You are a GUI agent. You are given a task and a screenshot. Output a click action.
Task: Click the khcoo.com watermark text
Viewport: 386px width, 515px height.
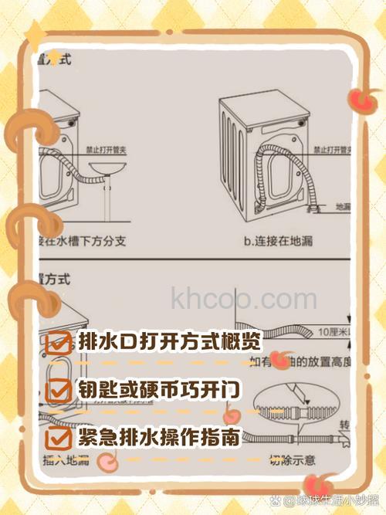[242, 297]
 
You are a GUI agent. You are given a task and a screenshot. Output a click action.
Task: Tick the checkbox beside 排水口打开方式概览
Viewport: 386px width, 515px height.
[58, 343]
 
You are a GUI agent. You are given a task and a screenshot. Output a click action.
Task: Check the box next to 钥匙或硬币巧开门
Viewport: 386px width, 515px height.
[58, 390]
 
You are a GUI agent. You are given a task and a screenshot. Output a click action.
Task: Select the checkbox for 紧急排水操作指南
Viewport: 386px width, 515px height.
[58, 439]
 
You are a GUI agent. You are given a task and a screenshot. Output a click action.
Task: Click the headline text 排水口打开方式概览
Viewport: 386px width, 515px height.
[169, 341]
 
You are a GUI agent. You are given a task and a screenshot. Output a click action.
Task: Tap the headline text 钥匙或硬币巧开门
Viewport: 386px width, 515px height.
[159, 389]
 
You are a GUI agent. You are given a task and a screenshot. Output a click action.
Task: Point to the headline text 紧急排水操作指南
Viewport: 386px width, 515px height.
[159, 438]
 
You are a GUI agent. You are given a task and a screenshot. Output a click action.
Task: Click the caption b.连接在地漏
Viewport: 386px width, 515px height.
[278, 242]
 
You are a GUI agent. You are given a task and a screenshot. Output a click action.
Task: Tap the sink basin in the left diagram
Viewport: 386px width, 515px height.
[108, 171]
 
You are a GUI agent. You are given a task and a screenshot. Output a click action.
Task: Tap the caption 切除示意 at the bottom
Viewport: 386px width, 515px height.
[293, 461]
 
